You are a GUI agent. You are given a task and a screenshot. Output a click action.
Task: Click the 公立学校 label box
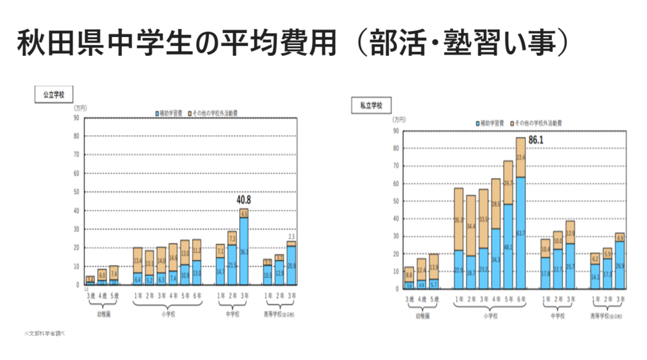53,95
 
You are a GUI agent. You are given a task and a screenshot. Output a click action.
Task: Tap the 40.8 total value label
243,200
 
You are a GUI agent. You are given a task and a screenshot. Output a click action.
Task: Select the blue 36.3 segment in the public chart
243,251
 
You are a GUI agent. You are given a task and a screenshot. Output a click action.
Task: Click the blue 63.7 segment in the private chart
520,233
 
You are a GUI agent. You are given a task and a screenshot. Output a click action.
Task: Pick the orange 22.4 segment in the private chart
520,158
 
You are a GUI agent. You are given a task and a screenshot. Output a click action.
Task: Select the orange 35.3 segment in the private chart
458,219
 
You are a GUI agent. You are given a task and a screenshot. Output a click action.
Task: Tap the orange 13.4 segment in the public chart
137,260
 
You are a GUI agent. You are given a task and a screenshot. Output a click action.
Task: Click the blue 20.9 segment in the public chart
291,266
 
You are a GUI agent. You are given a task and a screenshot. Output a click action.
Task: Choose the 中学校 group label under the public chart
231,311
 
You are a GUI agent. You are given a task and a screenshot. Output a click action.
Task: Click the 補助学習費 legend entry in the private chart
492,124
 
